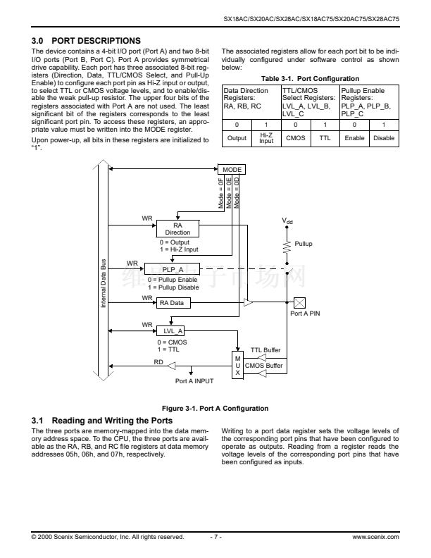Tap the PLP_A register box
point(173,269)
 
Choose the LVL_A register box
point(173,330)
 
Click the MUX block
point(237,365)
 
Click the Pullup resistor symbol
point(287,244)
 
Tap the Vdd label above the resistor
point(287,221)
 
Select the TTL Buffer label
point(266,350)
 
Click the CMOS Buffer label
point(264,366)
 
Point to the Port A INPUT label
point(194,381)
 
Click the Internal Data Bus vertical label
point(104,282)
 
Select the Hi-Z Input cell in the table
point(266,138)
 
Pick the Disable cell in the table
point(383,138)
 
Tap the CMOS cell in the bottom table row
point(294,138)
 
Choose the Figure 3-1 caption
point(215,409)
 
